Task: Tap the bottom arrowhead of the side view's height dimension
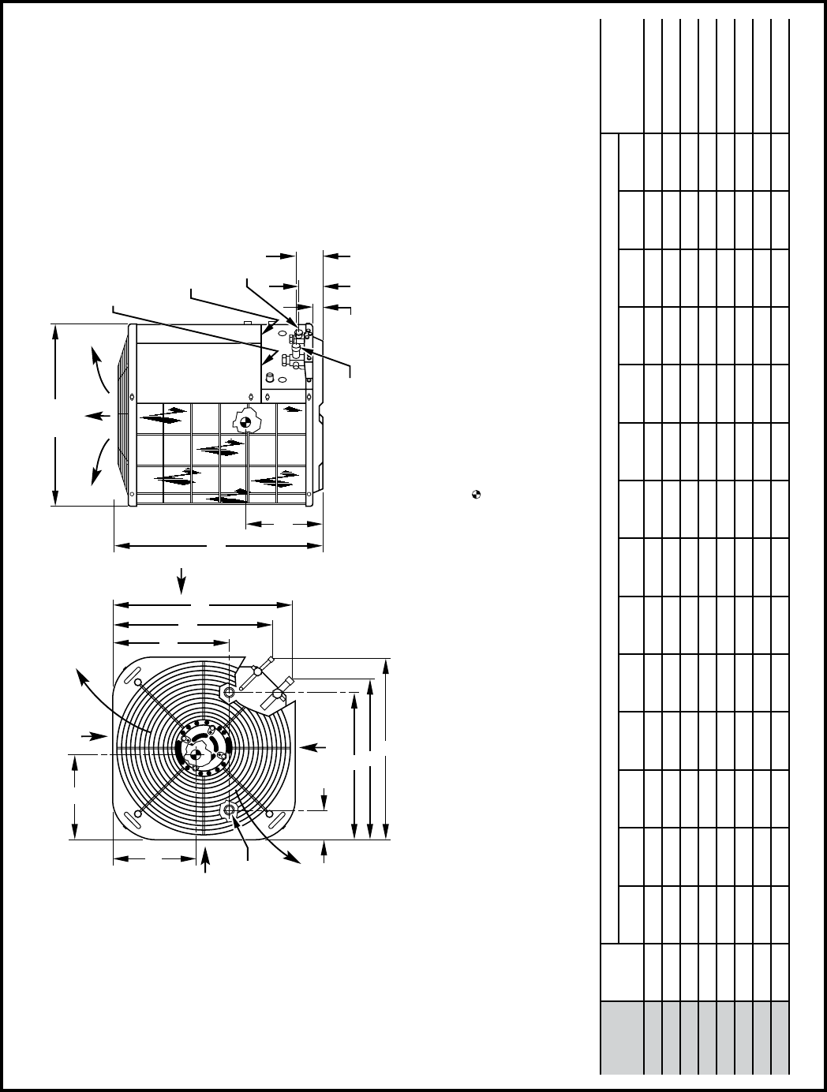(x=55, y=499)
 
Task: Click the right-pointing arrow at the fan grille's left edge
(x=99, y=736)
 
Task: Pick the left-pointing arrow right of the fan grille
(x=313, y=746)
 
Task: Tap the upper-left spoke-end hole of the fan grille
(x=138, y=682)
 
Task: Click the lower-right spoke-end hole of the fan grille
(x=270, y=813)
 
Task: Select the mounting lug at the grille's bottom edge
(x=230, y=810)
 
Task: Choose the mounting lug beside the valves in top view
(x=229, y=692)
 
